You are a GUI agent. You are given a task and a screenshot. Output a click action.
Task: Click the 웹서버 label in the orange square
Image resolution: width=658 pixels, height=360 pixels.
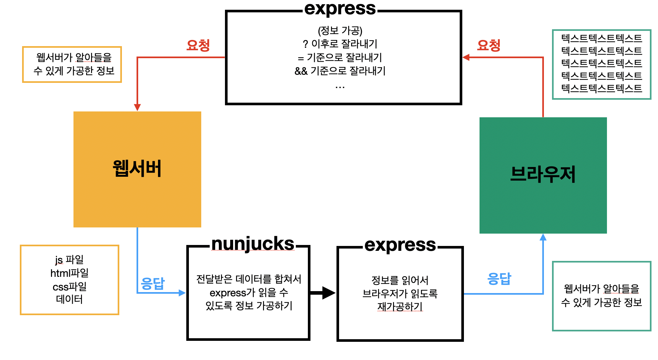coord(137,169)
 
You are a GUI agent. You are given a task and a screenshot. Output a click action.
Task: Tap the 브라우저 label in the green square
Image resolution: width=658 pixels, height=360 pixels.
coord(543,174)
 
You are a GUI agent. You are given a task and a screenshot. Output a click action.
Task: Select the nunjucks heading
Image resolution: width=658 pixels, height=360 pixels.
coord(253,244)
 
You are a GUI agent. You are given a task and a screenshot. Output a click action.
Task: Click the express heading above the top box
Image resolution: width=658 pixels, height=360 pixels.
coord(340,9)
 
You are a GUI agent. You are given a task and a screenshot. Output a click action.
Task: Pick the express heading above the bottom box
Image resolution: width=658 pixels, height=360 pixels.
coord(400,245)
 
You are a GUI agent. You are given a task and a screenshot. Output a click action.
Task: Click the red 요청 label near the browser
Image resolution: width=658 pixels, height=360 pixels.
coord(488,45)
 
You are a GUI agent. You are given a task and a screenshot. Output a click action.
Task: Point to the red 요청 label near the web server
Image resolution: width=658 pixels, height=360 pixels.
coord(198,45)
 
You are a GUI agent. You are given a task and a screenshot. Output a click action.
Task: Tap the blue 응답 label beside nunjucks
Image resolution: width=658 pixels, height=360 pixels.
coord(153,284)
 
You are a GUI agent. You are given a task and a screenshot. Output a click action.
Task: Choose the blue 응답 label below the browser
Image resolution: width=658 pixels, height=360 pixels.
coord(499,279)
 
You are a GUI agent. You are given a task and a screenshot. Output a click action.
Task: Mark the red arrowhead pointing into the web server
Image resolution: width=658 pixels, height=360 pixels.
coord(137,107)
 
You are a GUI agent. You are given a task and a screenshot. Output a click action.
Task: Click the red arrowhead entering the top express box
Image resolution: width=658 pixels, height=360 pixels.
coord(466,58)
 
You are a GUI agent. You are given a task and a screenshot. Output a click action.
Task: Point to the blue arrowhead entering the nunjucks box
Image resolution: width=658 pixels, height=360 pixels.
coord(182,293)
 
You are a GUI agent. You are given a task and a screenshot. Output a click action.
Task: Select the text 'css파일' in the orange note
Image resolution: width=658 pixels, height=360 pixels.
coord(70,287)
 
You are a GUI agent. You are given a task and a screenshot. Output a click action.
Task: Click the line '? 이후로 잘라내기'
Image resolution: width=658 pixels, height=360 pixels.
coord(340,44)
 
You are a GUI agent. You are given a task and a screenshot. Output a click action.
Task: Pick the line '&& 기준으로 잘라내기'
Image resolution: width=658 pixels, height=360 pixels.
coord(340,71)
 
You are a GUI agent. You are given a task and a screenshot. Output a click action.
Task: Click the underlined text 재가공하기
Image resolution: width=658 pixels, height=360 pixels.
coord(400,306)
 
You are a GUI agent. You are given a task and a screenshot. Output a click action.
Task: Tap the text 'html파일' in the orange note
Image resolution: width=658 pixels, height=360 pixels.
coord(70,273)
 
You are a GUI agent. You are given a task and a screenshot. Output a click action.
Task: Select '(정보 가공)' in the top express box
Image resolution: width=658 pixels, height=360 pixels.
coord(340,31)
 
